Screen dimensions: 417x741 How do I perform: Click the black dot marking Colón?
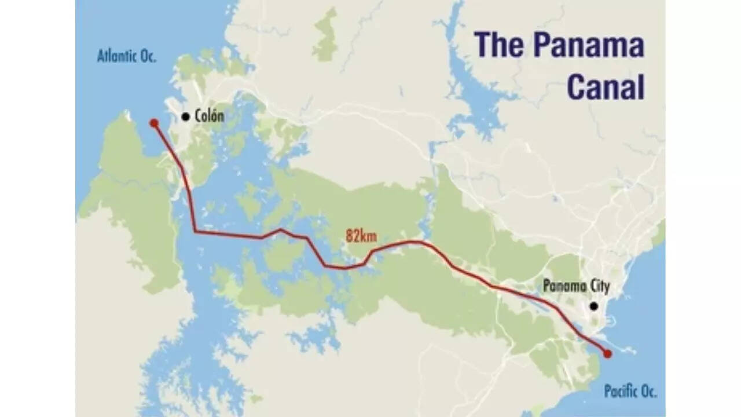[x=185, y=116]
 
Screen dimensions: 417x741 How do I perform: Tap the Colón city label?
[x=210, y=116]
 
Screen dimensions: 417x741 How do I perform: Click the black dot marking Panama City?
[x=593, y=306]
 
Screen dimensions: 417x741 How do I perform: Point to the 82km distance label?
[x=361, y=236]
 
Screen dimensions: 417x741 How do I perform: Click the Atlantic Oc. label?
[x=127, y=56]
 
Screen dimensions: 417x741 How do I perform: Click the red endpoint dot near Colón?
[x=153, y=123]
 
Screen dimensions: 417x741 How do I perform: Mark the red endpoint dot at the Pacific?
[x=607, y=354]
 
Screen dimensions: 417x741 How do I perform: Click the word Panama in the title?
[x=589, y=46]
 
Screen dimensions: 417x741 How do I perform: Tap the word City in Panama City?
[x=599, y=286]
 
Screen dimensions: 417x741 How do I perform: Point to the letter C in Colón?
[x=198, y=116]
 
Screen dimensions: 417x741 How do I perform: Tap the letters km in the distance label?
[x=369, y=236]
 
